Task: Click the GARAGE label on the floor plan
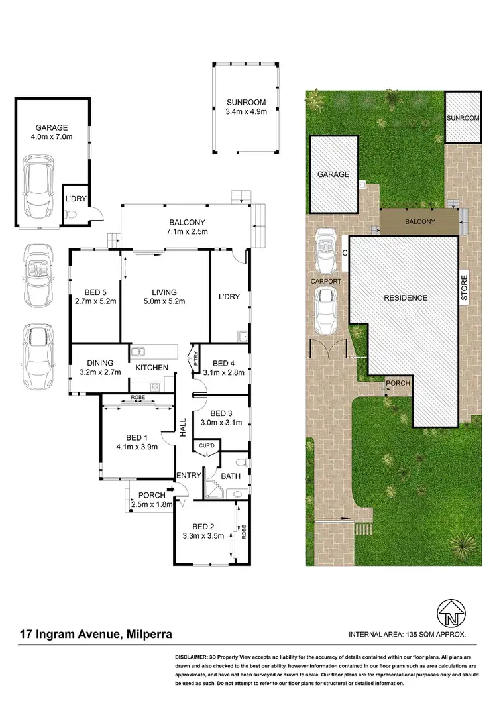[x=53, y=127]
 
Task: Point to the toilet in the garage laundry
[x=72, y=214]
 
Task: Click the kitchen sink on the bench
[x=139, y=352]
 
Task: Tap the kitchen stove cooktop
[x=155, y=388]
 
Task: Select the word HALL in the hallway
[x=183, y=427]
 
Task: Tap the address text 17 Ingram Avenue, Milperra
[x=96, y=634]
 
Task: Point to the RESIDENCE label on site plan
[x=406, y=297]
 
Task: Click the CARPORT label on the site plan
[x=326, y=281]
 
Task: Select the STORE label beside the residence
[x=464, y=289]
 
